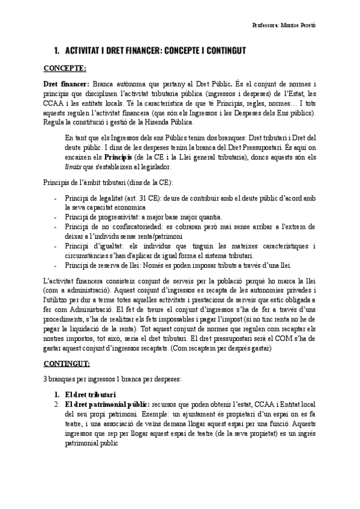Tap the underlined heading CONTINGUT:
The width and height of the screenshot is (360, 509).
pyautogui.click(x=67, y=363)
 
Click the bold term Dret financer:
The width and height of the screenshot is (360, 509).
pyautogui.click(x=66, y=84)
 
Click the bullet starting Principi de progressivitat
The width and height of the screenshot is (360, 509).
pyautogui.click(x=102, y=216)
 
